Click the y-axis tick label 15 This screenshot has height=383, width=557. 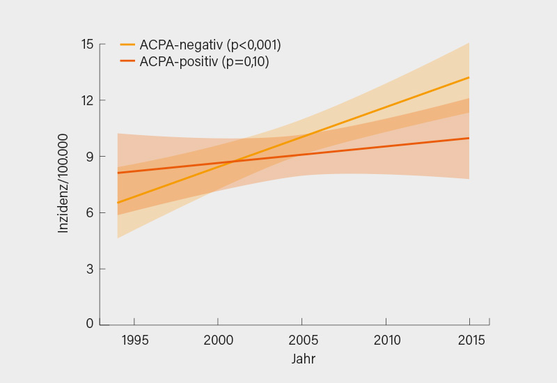point(87,45)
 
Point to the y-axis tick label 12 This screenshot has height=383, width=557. point(87,100)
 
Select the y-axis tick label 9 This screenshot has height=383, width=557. point(89,157)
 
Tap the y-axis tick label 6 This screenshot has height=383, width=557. point(89,213)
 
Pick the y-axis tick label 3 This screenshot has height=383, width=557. point(89,269)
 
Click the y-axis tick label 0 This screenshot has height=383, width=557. point(89,324)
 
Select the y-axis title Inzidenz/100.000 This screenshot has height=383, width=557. point(63,182)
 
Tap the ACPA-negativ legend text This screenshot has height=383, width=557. point(210,45)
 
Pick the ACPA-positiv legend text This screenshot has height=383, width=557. point(204,62)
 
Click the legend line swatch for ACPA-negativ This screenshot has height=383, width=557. point(127,45)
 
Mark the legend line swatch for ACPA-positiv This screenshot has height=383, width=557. point(127,62)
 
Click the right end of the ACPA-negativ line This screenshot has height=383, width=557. point(469,77)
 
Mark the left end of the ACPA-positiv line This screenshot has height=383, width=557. point(118,173)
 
